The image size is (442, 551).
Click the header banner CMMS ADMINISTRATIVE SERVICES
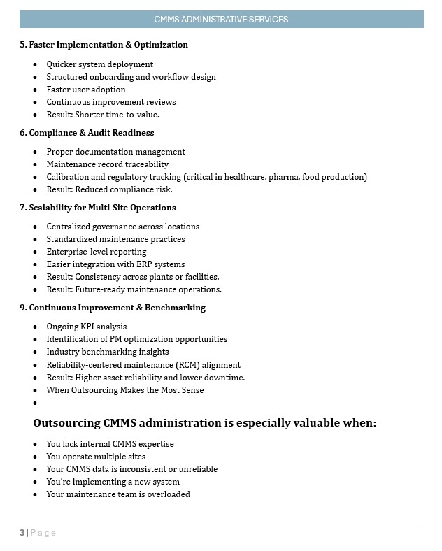(221, 20)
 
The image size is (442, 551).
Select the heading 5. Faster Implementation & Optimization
(104, 45)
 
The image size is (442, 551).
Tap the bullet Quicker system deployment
(99, 64)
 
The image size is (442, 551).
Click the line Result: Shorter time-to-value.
(103, 115)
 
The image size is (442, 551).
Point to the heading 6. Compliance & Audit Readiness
(87, 133)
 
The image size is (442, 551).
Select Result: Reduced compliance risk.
(109, 189)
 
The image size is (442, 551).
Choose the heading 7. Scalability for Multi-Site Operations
(97, 208)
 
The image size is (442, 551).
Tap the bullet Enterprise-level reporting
(97, 252)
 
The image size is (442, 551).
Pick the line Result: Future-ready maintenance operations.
(134, 289)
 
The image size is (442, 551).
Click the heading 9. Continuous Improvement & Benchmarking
(113, 308)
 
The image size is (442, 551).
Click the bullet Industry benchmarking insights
(108, 352)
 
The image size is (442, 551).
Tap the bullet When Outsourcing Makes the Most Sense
(125, 390)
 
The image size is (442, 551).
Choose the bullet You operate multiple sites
(96, 457)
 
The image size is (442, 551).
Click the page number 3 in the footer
(22, 533)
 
